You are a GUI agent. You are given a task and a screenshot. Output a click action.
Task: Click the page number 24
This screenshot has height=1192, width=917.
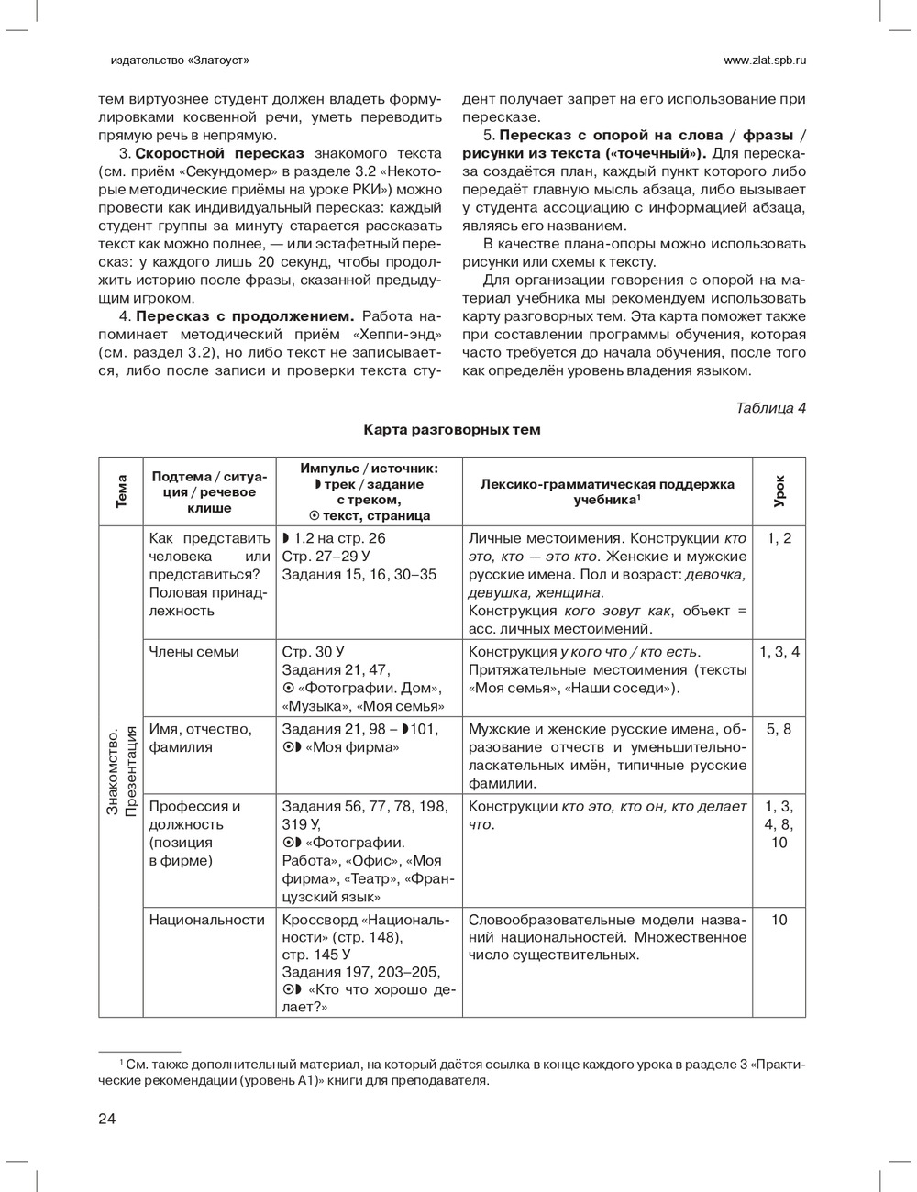[x=107, y=1118]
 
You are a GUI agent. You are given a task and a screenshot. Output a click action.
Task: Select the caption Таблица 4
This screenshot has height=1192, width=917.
[x=770, y=408]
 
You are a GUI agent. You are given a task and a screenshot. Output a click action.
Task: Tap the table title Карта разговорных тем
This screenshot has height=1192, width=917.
[x=451, y=429]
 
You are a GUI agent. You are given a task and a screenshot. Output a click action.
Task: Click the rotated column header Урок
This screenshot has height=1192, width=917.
[x=779, y=491]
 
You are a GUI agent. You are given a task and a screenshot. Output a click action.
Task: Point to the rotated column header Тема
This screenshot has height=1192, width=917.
[x=121, y=491]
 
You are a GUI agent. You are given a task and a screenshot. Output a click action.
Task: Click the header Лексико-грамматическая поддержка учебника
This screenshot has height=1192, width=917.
[x=607, y=491]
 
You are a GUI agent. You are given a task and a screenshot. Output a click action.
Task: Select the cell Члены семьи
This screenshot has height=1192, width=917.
[x=193, y=652]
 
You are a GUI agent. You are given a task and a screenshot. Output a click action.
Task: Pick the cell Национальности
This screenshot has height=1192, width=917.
[x=206, y=920]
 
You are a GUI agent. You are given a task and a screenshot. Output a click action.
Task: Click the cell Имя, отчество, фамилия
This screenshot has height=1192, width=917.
[x=200, y=738]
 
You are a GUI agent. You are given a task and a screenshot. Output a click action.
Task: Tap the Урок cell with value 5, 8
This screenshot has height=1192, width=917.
[x=779, y=729]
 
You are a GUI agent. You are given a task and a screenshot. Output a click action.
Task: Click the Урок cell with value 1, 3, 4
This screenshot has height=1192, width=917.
[x=779, y=652]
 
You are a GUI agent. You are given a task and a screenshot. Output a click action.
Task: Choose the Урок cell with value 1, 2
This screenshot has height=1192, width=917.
[x=779, y=538]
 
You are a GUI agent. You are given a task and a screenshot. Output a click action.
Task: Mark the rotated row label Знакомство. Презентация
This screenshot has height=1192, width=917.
[x=121, y=770]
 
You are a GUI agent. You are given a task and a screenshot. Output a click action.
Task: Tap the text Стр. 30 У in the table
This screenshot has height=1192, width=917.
[x=313, y=652]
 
